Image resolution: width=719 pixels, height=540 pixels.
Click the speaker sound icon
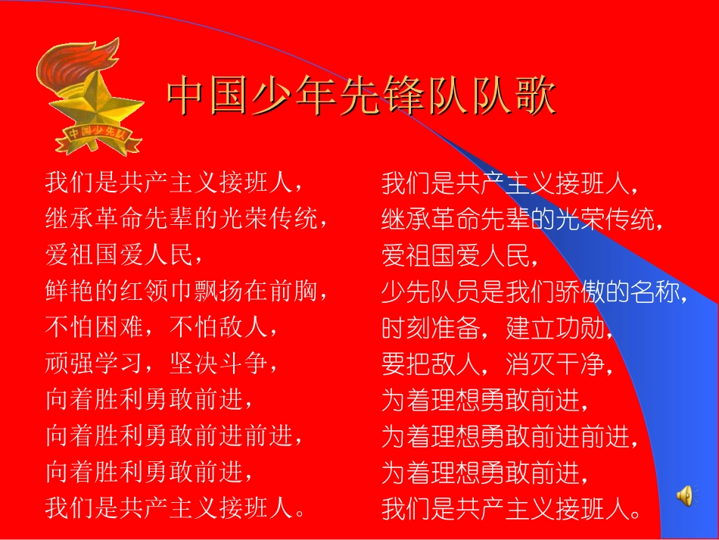click(x=684, y=495)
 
